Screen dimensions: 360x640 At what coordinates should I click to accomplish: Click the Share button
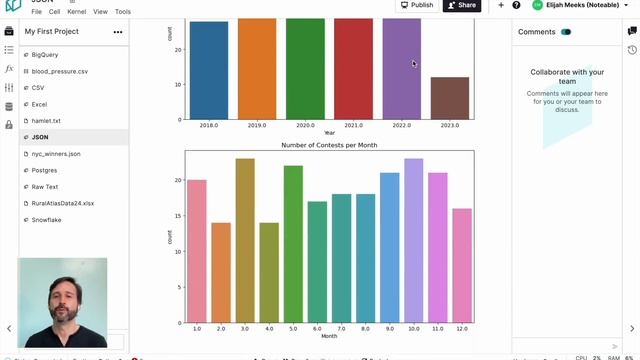point(462,5)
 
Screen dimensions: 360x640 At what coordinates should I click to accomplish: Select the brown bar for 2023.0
point(450,98)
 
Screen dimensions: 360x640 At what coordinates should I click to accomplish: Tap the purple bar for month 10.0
point(413,240)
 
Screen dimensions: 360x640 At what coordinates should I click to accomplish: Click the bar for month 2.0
point(221,272)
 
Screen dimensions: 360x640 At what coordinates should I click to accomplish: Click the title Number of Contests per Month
point(329,145)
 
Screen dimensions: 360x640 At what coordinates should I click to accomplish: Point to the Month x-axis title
point(329,336)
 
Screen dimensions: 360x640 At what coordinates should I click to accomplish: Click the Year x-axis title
point(329,133)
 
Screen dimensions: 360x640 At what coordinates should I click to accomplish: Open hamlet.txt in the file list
point(46,120)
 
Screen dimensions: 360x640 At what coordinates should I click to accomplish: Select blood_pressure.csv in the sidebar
point(59,71)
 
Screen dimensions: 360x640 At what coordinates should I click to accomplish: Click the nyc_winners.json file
point(56,154)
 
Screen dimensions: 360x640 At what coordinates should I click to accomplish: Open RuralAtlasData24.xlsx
point(62,203)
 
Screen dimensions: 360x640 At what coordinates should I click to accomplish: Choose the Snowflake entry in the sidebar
point(46,219)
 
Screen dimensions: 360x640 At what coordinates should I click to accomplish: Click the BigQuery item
point(44,55)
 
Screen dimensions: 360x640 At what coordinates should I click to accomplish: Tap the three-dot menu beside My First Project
point(118,32)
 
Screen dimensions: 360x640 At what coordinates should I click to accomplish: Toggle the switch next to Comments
point(566,32)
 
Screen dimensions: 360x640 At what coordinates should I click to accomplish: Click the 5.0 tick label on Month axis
point(293,328)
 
